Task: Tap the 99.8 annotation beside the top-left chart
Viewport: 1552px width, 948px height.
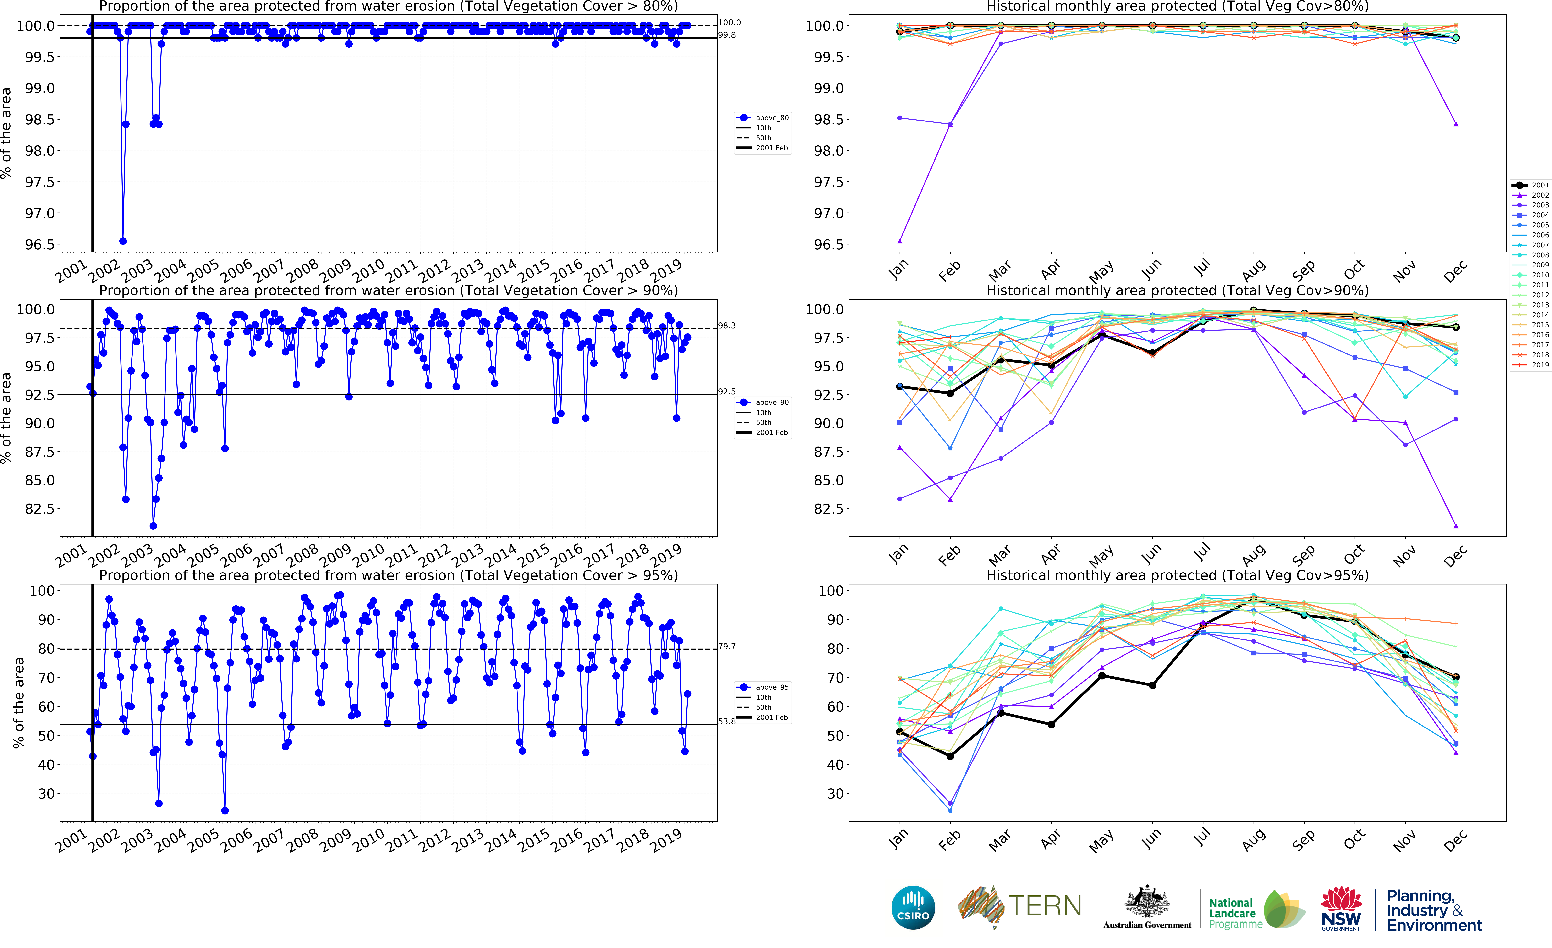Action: (727, 35)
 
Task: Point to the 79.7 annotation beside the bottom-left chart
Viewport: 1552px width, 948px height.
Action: (727, 646)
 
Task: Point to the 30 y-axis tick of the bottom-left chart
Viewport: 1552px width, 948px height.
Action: (47, 794)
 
